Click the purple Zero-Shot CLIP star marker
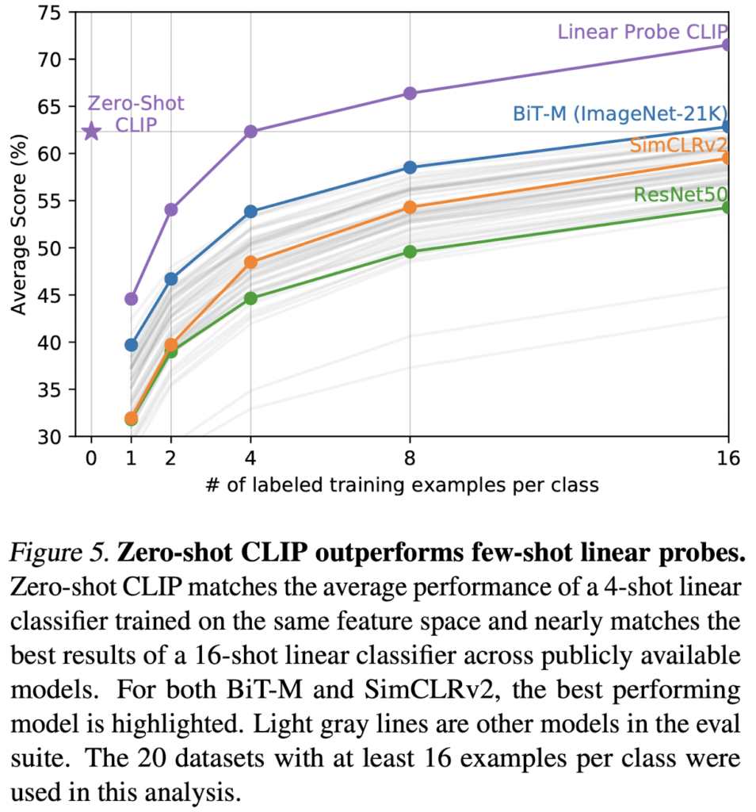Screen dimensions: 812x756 tap(91, 131)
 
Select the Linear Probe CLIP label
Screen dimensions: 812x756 tap(642, 32)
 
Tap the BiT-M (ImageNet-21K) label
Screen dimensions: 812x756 tap(620, 113)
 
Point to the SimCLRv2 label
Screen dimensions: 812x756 tap(678, 145)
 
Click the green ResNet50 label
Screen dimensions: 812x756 tap(681, 195)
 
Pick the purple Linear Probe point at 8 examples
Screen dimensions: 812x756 tap(410, 94)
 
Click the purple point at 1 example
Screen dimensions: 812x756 tap(131, 299)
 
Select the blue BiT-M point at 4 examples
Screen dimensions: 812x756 tap(250, 212)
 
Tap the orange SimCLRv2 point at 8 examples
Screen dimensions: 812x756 tap(410, 207)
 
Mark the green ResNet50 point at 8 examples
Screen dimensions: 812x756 tap(410, 252)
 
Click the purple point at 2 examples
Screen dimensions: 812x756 tap(170, 209)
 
